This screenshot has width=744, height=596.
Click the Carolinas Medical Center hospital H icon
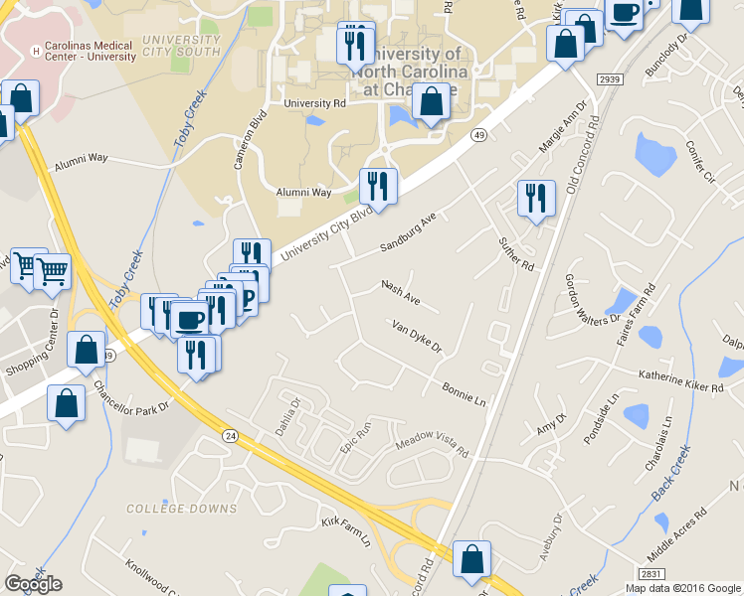(x=37, y=51)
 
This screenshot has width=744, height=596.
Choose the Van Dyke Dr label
(x=416, y=338)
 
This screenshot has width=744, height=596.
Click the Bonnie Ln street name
(x=464, y=394)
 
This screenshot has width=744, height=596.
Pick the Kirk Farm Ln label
(x=345, y=531)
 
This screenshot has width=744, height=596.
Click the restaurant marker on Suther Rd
(x=536, y=198)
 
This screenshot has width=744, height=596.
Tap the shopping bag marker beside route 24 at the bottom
(x=471, y=558)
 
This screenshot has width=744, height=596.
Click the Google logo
(x=33, y=584)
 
